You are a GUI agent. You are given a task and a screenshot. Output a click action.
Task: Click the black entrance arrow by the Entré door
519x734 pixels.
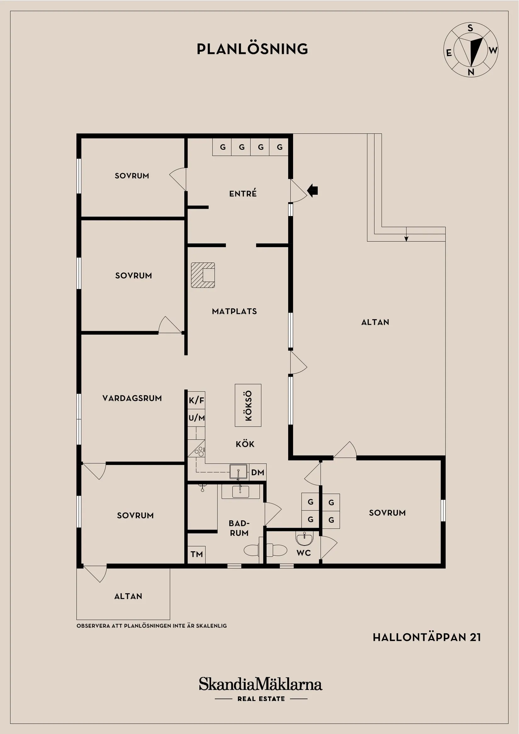pos(312,191)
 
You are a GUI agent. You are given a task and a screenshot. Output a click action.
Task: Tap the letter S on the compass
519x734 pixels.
pos(470,28)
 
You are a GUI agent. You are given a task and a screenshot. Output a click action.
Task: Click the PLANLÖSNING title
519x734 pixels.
pos(252,49)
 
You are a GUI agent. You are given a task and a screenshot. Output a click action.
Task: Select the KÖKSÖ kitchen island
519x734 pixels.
pos(248,405)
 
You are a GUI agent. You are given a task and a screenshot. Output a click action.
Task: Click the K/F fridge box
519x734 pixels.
pos(196,400)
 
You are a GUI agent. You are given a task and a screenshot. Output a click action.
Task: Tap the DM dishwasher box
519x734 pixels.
pos(257,472)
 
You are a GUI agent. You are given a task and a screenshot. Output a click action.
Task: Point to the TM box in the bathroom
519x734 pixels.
pos(196,554)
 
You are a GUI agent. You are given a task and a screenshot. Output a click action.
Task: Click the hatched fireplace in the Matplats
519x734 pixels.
pos(203,275)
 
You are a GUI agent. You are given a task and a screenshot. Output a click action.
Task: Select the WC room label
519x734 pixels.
pos(304,553)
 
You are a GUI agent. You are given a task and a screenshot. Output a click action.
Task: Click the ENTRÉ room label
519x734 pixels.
pos(243,193)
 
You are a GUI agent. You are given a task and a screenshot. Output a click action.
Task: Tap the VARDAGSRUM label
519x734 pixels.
pos(132,398)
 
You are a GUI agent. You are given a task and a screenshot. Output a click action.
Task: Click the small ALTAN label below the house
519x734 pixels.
pos(128,596)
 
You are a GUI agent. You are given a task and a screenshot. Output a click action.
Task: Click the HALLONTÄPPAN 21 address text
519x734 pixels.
pos(427,637)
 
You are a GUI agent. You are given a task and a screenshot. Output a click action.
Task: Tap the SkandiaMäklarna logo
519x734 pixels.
pos(260,684)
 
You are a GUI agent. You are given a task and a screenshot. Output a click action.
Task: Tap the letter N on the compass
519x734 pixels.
pos(471,72)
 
